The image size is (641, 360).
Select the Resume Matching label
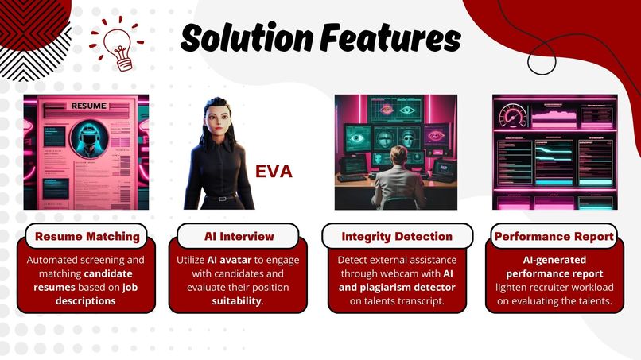pos(87,236)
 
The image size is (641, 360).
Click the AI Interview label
pos(235,236)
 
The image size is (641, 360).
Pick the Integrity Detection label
pos(397,236)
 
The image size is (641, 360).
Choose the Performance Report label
pos(554,236)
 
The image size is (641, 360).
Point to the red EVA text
pos(274,171)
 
